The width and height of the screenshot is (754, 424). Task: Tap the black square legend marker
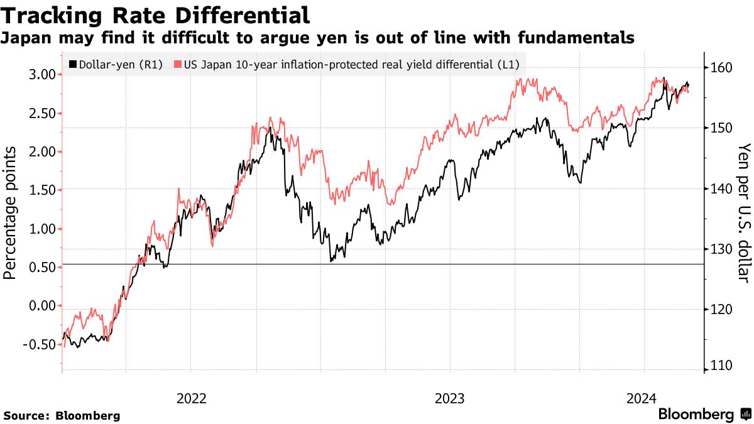(x=73, y=64)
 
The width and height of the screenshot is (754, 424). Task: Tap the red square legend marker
(x=178, y=64)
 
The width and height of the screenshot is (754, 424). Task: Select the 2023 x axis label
(x=449, y=398)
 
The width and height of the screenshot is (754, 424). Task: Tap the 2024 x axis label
(x=643, y=398)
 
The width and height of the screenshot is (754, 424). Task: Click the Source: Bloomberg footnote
(x=62, y=415)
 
